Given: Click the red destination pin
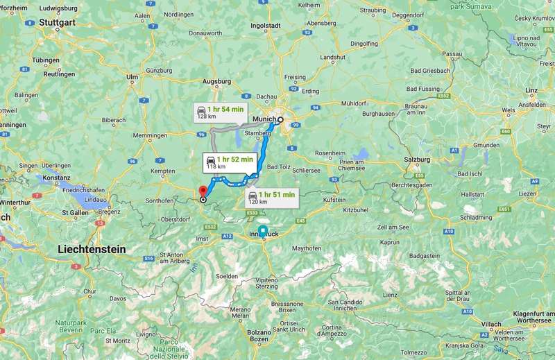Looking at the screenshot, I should point(203,191).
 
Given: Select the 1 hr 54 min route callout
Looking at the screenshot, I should point(219,112).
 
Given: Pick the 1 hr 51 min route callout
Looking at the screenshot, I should point(272,198).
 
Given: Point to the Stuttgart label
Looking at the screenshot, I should point(56,22).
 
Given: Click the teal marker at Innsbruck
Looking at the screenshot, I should point(262,231).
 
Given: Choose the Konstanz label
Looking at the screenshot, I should point(55,178).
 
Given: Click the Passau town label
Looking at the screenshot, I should point(452,53).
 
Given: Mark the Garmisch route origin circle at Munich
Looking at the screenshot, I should point(281,119).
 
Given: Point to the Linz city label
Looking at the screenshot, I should point(532,90).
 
